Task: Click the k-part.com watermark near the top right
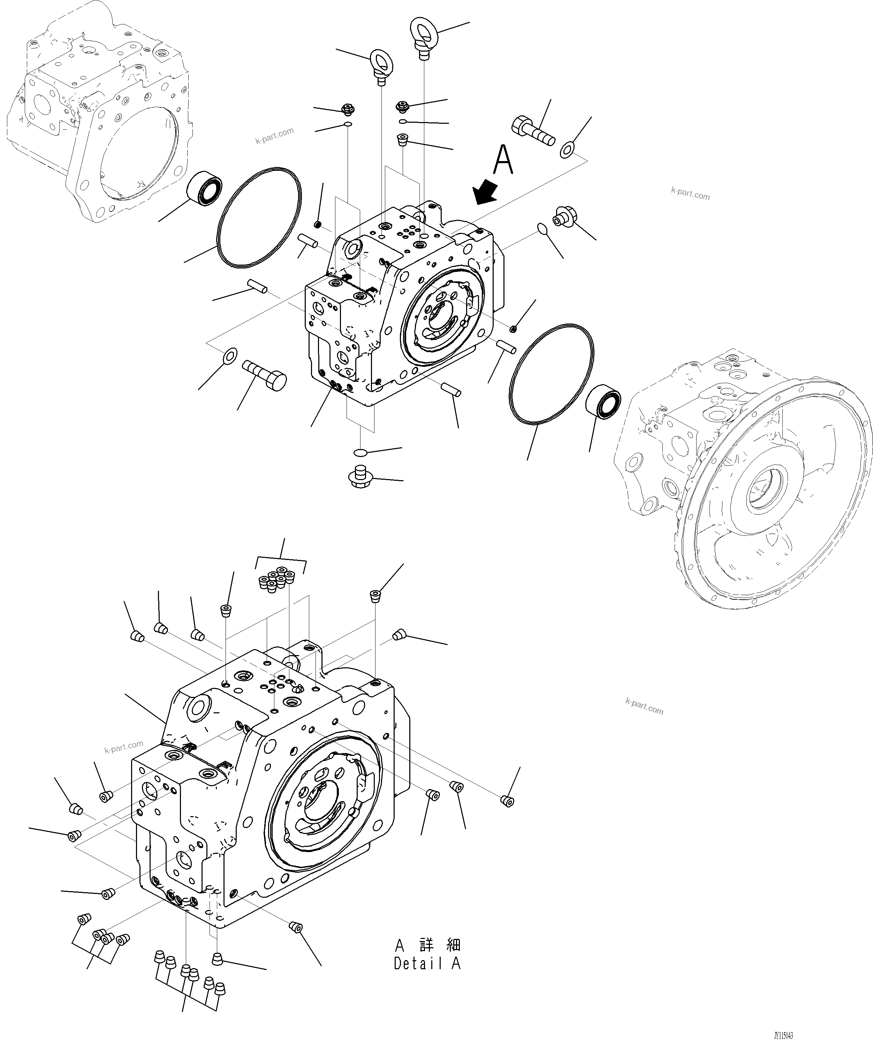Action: click(690, 193)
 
